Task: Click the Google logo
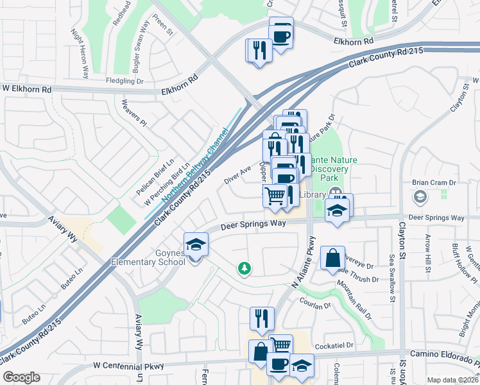(x=21, y=377)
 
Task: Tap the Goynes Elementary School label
(x=148, y=257)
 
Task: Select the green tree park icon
(x=244, y=268)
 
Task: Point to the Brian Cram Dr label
(x=434, y=183)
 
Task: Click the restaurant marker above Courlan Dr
(x=262, y=318)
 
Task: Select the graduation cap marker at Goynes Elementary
(x=196, y=244)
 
